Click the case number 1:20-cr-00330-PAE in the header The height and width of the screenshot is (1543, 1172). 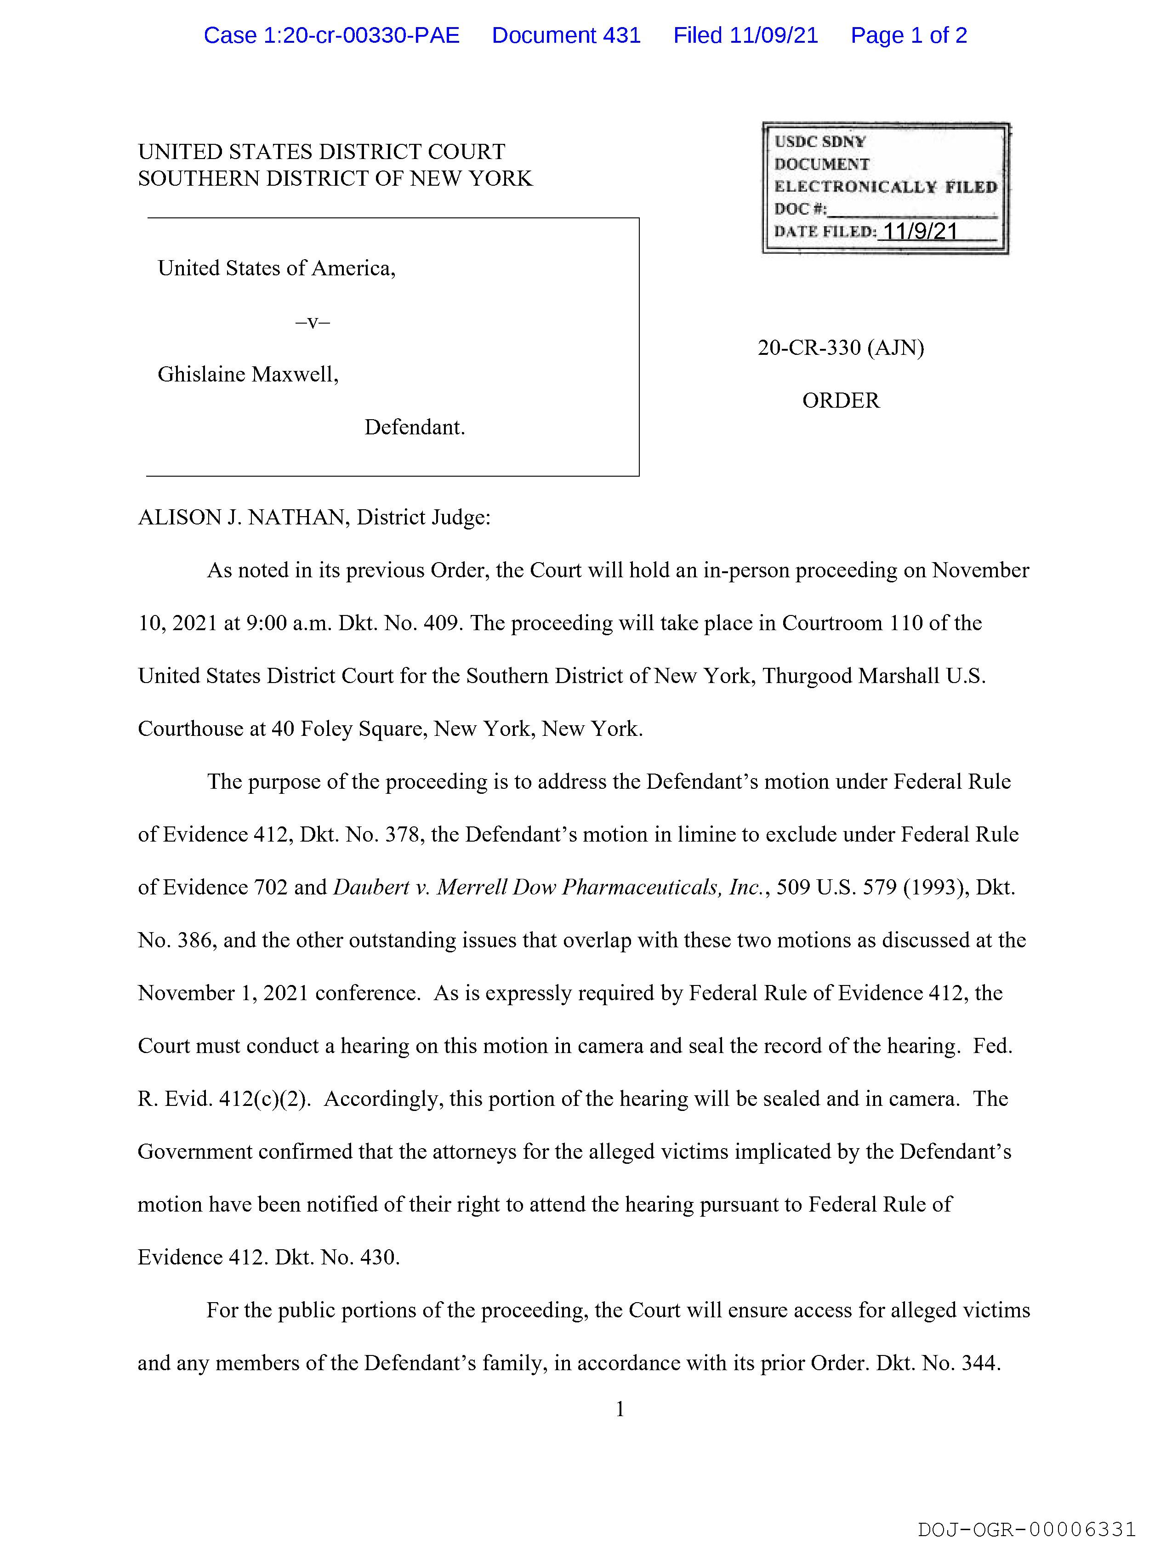pyautogui.click(x=331, y=35)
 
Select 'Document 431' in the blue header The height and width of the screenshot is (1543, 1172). pyautogui.click(x=566, y=35)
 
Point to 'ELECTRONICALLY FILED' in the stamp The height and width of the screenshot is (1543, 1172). pyautogui.click(x=885, y=187)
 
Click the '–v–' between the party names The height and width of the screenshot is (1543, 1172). pyautogui.click(x=313, y=322)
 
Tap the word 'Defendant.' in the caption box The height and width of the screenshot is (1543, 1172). pyautogui.click(x=415, y=427)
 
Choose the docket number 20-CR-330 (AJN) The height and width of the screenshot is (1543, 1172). pyautogui.click(x=841, y=347)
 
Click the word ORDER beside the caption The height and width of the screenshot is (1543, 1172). pyautogui.click(x=841, y=400)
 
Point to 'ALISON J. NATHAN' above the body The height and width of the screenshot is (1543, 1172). pyautogui.click(x=244, y=517)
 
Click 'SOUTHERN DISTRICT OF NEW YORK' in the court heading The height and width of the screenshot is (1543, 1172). pyautogui.click(x=335, y=179)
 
